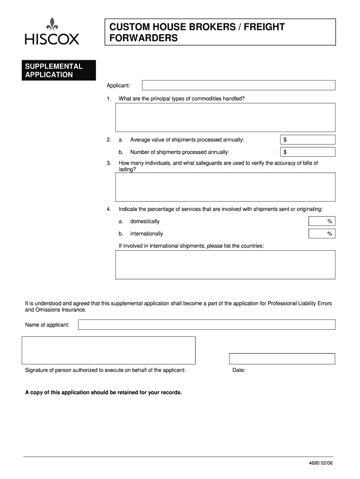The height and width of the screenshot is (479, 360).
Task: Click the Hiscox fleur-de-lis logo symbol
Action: (52, 24)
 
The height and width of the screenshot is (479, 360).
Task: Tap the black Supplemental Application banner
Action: (59, 70)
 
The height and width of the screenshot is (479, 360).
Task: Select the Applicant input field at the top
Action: (238, 85)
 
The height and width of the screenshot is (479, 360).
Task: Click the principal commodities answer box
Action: (225, 117)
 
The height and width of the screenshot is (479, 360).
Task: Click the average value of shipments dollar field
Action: (308, 140)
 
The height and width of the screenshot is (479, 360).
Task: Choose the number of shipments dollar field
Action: (308, 152)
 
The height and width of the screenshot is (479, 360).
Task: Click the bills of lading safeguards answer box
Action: (225, 187)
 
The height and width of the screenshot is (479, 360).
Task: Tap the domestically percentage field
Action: (322, 221)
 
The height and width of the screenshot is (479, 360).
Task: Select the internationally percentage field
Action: (322, 233)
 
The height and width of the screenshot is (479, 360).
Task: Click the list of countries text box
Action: (225, 265)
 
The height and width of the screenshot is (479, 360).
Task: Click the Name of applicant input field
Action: (206, 325)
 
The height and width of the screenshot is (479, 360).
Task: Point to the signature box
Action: (108, 350)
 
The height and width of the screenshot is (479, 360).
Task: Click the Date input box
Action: (282, 359)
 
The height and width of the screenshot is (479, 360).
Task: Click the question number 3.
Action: (108, 163)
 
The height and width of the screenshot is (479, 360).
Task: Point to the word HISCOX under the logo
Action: (52, 39)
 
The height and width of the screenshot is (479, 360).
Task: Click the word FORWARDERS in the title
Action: (144, 38)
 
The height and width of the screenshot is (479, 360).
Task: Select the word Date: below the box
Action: (239, 370)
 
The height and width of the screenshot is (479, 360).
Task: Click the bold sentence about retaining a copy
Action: (103, 392)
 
